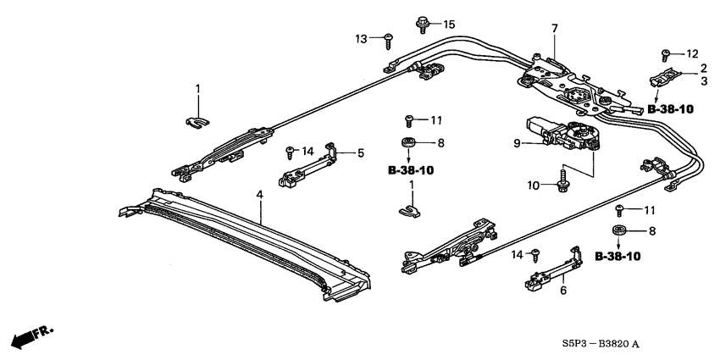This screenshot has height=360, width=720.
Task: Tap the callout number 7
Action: pos(554,29)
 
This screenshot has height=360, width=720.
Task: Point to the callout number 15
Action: pos(449,24)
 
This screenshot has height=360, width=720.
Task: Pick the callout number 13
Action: pos(361,38)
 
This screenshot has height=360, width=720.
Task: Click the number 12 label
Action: pos(691,53)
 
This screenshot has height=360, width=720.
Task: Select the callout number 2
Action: pos(702,67)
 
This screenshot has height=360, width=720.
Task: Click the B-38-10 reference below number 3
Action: pos(672,109)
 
